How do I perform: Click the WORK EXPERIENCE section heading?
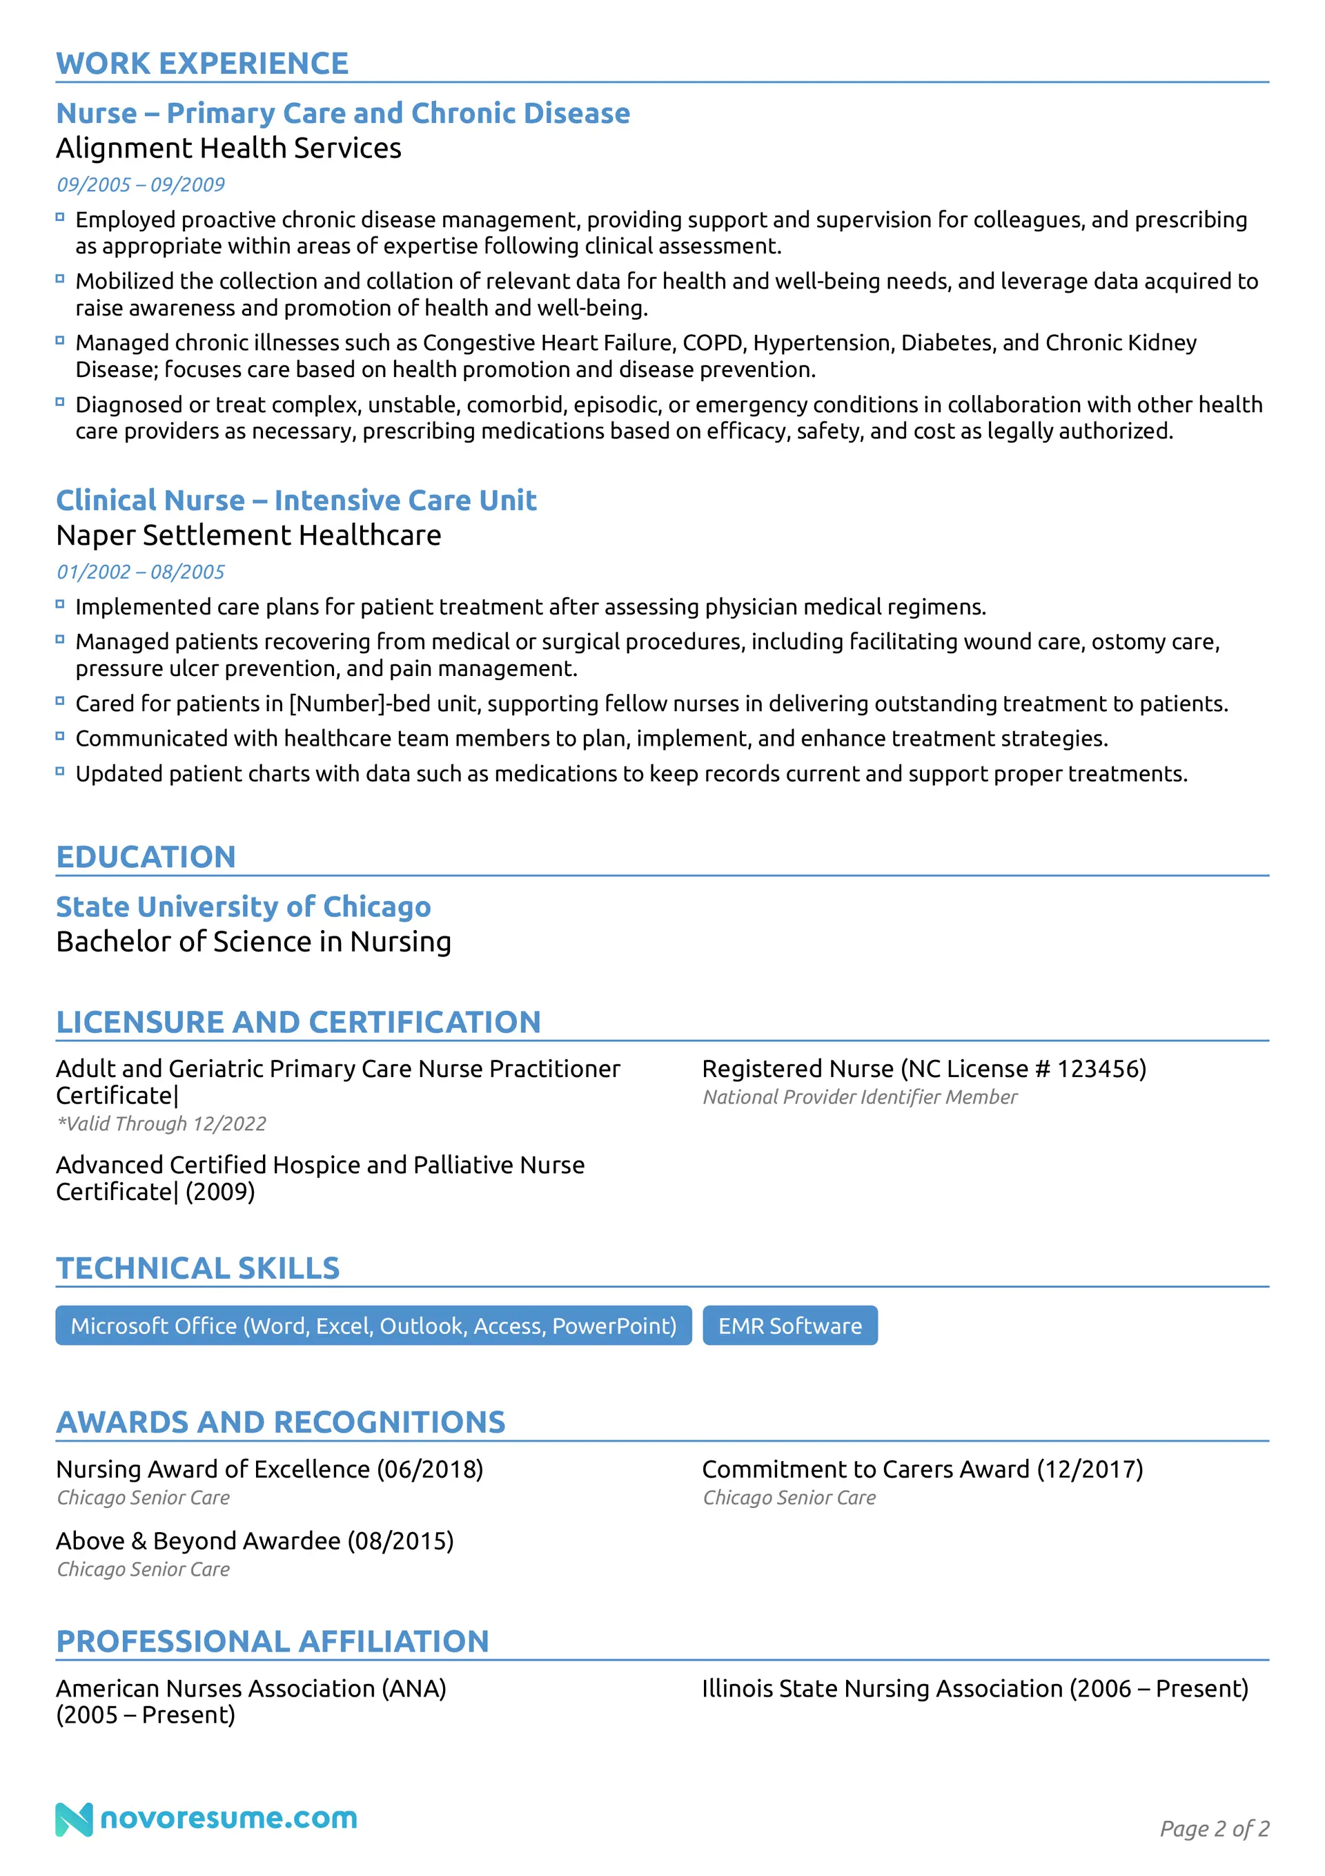pyautogui.click(x=202, y=64)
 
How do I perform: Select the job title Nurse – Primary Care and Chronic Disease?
pyautogui.click(x=342, y=113)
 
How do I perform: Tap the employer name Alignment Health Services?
pyautogui.click(x=228, y=148)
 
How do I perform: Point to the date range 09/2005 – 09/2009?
pyautogui.click(x=141, y=184)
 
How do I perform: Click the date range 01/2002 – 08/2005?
pyautogui.click(x=141, y=572)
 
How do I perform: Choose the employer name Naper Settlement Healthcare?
pyautogui.click(x=248, y=535)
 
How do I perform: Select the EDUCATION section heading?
pyautogui.click(x=146, y=857)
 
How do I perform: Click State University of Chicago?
pyautogui.click(x=243, y=907)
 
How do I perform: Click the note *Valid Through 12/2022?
pyautogui.click(x=161, y=1124)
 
